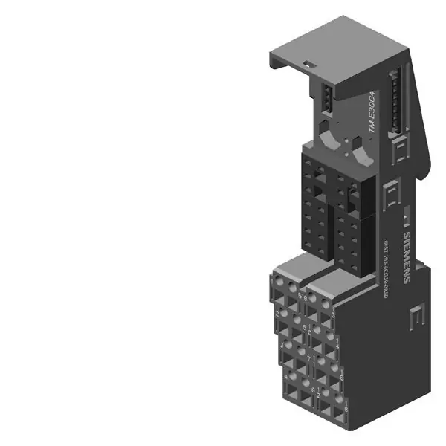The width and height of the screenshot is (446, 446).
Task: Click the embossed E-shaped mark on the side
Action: click(416, 318)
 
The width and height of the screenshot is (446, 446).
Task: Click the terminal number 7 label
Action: click(308, 359)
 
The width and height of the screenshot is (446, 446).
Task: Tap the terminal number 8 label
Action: click(313, 390)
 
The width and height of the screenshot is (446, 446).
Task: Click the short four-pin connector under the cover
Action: click(325, 96)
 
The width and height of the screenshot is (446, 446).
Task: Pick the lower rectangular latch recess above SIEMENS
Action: click(391, 197)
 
